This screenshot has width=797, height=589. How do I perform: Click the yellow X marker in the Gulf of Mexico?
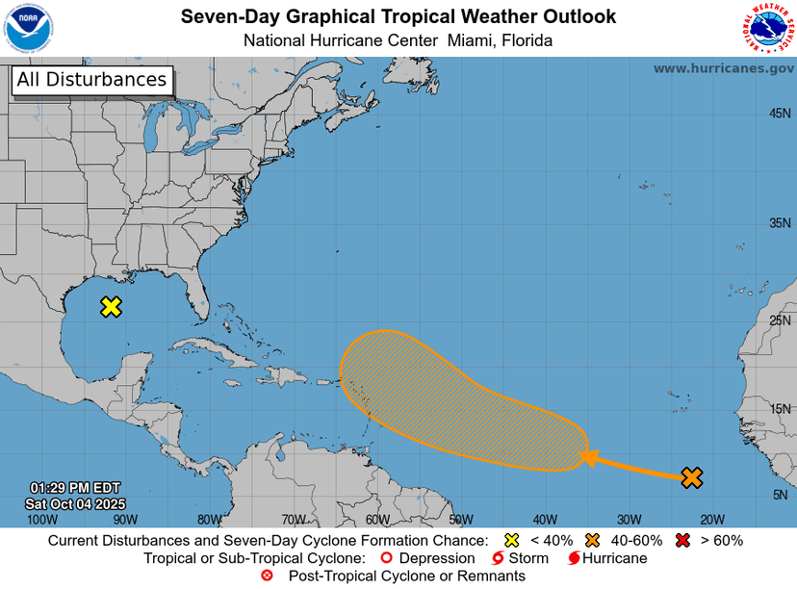[112, 307]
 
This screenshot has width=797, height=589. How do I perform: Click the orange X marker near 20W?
[691, 476]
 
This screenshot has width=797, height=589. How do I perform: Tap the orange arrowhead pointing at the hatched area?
[586, 457]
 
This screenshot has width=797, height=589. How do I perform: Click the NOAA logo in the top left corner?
[28, 28]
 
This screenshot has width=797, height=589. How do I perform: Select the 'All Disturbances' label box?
[91, 80]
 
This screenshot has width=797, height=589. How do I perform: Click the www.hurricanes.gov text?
[723, 68]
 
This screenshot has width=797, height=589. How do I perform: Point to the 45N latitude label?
[780, 114]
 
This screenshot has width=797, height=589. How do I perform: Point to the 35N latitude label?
[780, 223]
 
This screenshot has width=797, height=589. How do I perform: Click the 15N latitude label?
[780, 409]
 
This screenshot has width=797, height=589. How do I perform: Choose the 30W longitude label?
[629, 520]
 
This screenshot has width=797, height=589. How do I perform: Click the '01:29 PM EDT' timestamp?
[75, 488]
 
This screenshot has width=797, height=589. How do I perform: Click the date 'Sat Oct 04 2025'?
[75, 503]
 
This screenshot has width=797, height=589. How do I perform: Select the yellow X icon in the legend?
[511, 541]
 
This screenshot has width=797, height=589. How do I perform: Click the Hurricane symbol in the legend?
[575, 558]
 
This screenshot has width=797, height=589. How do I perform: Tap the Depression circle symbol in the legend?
[386, 558]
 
